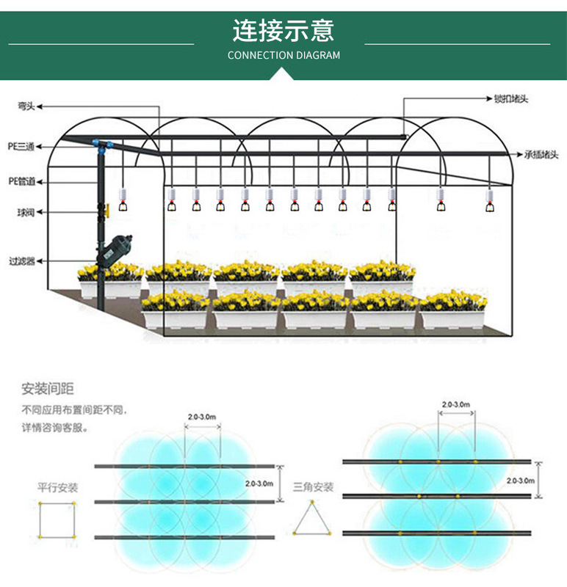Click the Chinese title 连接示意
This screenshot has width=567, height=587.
(283, 31)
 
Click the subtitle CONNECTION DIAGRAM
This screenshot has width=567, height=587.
(283, 55)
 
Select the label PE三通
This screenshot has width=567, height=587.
(21, 146)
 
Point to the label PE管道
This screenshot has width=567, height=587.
(21, 181)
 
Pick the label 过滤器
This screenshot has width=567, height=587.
(22, 260)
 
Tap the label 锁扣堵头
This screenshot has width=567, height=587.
(511, 98)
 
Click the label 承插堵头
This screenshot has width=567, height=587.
(541, 155)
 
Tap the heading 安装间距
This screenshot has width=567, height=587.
(48, 388)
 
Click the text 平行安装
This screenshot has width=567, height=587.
(58, 487)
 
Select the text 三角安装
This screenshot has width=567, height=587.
(314, 486)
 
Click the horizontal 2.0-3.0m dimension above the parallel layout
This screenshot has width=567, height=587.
(201, 417)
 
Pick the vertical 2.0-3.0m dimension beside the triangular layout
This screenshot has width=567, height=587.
(521, 480)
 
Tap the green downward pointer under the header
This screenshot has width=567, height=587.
(283, 73)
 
